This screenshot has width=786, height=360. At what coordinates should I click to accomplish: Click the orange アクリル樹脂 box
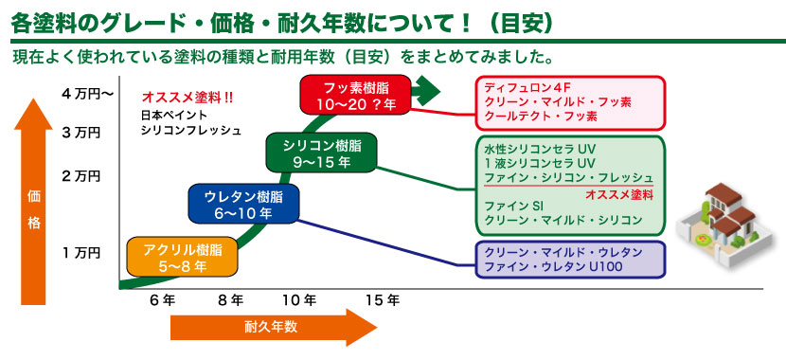[181, 257]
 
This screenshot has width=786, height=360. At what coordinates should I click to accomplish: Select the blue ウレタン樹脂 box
[243, 204]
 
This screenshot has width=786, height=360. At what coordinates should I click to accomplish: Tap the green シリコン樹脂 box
[321, 153]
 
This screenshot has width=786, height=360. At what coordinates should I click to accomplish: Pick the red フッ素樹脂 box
[356, 95]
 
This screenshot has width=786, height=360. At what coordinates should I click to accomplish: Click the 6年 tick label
[162, 300]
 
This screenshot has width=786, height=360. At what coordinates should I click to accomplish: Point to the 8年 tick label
[230, 300]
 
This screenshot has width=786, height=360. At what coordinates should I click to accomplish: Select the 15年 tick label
[383, 300]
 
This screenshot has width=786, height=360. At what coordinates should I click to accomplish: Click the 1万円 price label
[81, 253]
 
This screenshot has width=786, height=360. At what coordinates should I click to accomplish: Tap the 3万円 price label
[81, 133]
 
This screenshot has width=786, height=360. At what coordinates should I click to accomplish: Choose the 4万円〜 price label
[88, 94]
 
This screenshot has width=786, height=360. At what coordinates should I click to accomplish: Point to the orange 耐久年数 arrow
[273, 328]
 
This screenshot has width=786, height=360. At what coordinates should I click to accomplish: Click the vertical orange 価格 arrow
[33, 202]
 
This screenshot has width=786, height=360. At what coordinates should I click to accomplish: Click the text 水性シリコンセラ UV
[540, 150]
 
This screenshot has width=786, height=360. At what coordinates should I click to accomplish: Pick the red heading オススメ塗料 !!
[188, 98]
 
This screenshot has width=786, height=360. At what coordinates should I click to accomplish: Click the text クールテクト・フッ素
[541, 117]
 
